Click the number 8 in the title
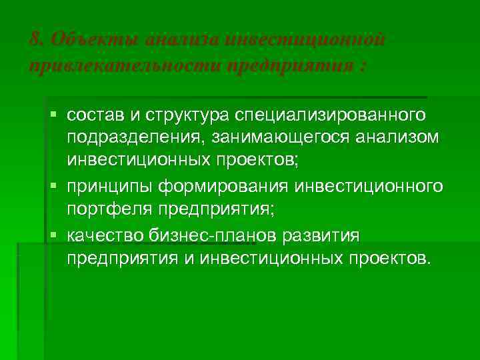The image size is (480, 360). pos(35,38)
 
